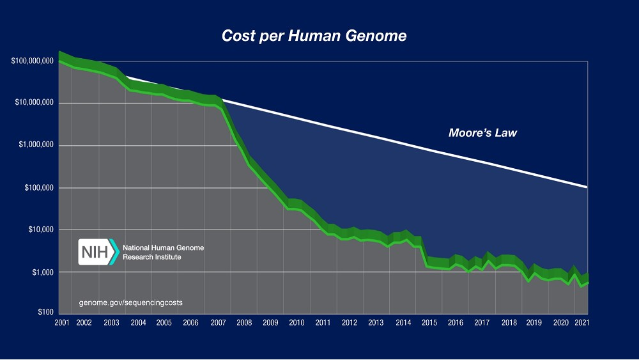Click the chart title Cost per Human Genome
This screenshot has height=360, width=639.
click(314, 36)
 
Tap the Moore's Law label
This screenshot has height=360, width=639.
click(482, 134)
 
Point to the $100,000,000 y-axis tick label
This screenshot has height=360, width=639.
click(32, 61)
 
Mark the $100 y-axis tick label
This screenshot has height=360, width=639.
click(44, 313)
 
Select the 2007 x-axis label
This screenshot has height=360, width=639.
click(217, 323)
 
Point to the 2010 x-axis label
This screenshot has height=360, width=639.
click(296, 323)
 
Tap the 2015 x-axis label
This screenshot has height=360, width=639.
click(429, 323)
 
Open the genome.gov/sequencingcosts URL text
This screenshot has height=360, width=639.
click(131, 302)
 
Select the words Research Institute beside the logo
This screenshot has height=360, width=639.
click(151, 257)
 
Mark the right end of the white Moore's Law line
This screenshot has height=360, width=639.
click(586, 186)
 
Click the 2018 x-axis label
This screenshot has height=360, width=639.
click(509, 323)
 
